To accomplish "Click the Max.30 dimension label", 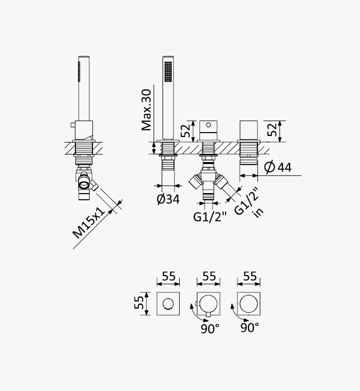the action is (x=146, y=110).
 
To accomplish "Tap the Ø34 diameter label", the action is (x=168, y=199).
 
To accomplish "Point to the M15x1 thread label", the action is (x=89, y=223).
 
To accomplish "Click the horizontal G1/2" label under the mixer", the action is (x=210, y=216).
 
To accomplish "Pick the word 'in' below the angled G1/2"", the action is (x=258, y=213).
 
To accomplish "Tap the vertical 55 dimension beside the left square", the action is (x=139, y=302).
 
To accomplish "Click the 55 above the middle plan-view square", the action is (x=209, y=276).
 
